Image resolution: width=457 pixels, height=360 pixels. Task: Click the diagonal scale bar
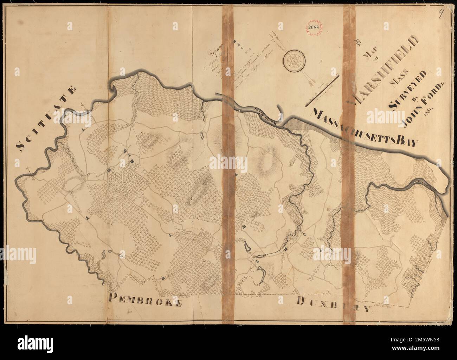click(x=322, y=91)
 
